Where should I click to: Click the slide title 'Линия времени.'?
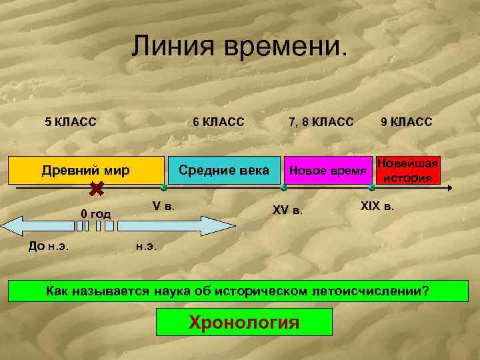[x=239, y=46]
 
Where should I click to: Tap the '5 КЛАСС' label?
[x=70, y=121]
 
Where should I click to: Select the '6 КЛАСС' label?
[x=218, y=121]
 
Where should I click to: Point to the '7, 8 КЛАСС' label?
[x=321, y=121]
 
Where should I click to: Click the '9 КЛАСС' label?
[x=406, y=121]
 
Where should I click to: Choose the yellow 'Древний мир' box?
[x=85, y=171]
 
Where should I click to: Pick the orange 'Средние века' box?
[x=224, y=171]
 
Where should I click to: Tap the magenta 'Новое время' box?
[x=328, y=171]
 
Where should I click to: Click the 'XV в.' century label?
[x=287, y=210]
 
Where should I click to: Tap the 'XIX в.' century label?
[x=377, y=205]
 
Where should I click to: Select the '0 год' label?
[x=95, y=213]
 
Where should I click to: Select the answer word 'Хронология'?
[x=244, y=323]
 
